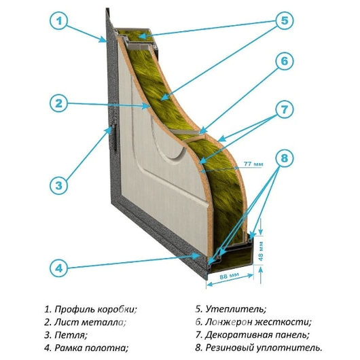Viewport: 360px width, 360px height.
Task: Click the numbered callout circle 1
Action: coord(59,21)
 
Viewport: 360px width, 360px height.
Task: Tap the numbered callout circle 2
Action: coord(59,103)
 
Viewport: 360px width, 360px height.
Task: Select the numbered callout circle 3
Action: coord(59,185)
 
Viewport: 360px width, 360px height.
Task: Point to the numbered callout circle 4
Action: coord(59,268)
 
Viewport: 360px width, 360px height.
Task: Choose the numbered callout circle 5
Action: coord(284,20)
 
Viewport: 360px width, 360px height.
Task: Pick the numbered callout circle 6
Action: coord(284,61)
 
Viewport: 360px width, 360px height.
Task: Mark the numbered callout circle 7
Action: coord(284,109)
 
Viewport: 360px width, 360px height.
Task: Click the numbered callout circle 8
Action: coord(284,158)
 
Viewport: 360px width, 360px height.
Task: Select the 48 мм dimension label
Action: coord(260,251)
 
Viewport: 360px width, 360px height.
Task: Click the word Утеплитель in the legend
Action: coord(236,309)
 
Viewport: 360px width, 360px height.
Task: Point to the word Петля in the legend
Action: coord(71,336)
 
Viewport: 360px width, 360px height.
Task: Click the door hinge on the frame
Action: coord(114,137)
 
